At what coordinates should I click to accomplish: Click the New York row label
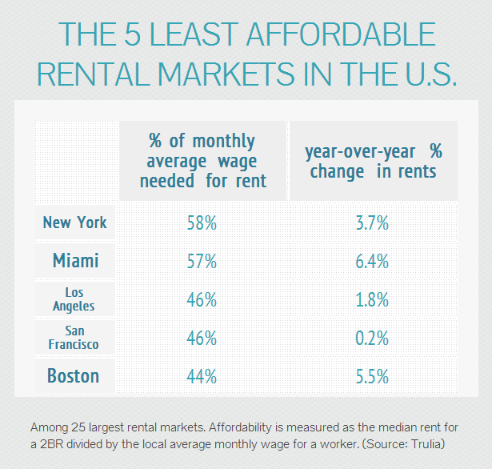click(x=75, y=222)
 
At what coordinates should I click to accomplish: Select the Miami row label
click(x=75, y=261)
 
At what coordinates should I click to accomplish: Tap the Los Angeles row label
click(x=75, y=299)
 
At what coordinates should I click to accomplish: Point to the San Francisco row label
click(x=75, y=338)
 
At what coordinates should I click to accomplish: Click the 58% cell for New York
click(x=202, y=223)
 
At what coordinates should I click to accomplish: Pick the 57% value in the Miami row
click(x=202, y=262)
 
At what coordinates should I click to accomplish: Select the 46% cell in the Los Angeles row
click(x=202, y=300)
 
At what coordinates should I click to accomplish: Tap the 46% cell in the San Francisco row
click(x=202, y=339)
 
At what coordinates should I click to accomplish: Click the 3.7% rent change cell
click(x=372, y=223)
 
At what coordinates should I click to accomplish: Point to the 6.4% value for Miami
click(x=372, y=262)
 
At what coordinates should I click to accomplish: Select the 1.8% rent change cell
click(x=372, y=300)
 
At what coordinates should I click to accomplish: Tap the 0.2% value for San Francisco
click(x=372, y=339)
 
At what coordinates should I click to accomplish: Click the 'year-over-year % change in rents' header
click(x=373, y=160)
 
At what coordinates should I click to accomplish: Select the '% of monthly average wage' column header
click(x=202, y=161)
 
